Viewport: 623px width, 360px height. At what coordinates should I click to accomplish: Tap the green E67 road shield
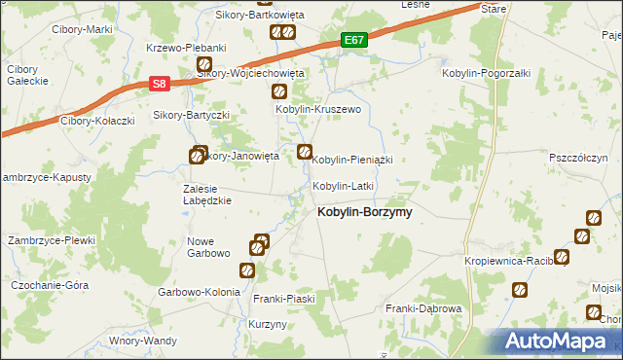coord(354,41)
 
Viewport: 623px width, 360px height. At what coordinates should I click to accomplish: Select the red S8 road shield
coord(161,85)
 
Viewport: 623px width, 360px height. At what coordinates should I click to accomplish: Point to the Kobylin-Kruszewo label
coord(318,110)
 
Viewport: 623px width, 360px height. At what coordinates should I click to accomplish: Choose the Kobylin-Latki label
coord(343,185)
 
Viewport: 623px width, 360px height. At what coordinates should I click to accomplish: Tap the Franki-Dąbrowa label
coord(422,308)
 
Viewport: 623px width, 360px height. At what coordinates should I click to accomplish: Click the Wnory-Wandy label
coord(143,341)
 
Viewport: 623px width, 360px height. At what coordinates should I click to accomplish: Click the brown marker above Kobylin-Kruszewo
coord(279,92)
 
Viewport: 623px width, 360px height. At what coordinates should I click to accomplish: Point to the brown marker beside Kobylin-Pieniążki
coord(305,152)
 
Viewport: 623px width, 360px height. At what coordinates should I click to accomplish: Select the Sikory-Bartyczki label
coord(191,115)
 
